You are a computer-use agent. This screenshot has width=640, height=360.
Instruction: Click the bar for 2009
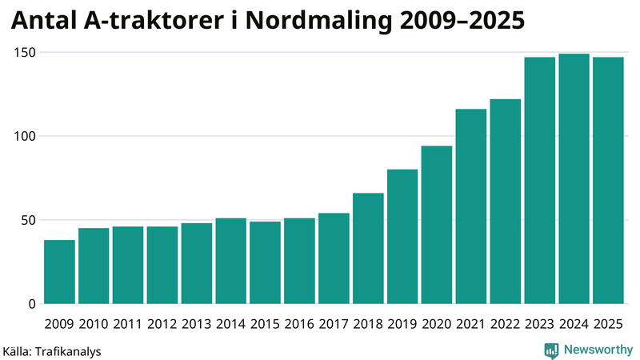tap(59, 272)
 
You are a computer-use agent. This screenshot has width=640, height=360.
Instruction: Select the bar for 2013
tap(196, 263)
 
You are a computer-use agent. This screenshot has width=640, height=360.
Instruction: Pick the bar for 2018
tap(368, 248)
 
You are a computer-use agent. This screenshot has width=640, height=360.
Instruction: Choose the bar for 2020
tap(437, 225)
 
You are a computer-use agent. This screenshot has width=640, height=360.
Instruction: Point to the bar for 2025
tap(608, 180)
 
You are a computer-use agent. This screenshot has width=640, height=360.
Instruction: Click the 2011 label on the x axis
tap(128, 324)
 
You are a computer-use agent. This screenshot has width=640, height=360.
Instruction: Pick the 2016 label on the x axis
tap(299, 324)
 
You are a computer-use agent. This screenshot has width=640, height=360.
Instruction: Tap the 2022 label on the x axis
tap(506, 324)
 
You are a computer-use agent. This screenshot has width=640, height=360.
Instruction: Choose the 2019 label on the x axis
tap(402, 324)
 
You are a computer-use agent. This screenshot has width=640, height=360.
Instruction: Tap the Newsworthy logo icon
tap(551, 350)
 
